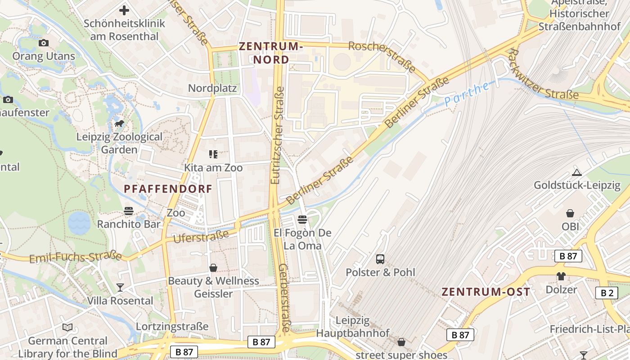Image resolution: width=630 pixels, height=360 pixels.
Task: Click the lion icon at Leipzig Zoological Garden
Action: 119,123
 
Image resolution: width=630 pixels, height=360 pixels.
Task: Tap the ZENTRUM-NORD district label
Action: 271,53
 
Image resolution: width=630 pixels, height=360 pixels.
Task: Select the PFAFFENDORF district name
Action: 168,189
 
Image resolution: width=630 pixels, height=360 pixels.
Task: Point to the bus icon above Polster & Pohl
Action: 380,259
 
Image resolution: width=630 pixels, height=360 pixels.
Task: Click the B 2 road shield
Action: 606,293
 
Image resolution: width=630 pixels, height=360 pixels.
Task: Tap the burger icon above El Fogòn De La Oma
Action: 302,220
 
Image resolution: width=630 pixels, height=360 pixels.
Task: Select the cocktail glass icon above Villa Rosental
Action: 120,287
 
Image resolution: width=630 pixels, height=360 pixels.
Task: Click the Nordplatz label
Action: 212,88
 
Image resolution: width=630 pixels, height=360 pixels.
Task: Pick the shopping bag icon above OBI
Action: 570,213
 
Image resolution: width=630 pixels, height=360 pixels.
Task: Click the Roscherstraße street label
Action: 382,57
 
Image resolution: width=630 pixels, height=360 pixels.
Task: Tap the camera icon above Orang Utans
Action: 44,43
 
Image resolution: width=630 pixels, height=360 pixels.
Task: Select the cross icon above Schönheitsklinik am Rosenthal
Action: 124,10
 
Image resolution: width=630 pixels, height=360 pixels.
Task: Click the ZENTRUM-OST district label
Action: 486,292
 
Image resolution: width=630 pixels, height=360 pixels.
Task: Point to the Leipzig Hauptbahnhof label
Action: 352,327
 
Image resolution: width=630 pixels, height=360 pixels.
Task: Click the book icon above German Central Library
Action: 67,327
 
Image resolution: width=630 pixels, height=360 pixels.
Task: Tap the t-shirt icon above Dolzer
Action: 561,276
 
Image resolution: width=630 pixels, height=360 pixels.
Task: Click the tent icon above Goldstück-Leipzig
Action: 577,172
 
